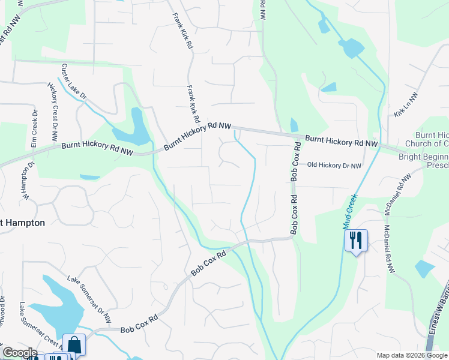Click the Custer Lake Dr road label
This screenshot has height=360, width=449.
tap(74, 83)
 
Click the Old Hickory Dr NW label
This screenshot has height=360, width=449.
tap(334, 165)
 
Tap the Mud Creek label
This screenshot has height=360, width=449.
tap(349, 211)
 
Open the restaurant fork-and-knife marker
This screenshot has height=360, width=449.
tap(355, 240)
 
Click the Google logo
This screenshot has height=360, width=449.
tap(19, 353)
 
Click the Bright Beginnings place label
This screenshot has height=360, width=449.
tap(424, 160)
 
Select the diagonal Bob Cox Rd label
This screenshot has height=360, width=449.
tap(209, 263)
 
